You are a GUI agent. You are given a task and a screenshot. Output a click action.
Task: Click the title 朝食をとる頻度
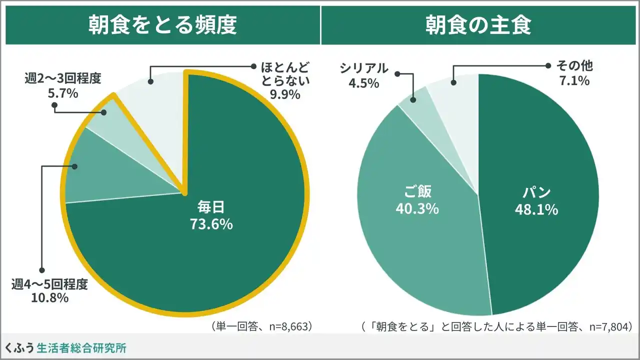pyautogui.click(x=162, y=25)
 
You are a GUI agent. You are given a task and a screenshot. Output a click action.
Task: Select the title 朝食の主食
pyautogui.click(x=478, y=25)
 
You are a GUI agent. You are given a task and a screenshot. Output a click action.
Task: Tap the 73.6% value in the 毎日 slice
pyautogui.click(x=211, y=224)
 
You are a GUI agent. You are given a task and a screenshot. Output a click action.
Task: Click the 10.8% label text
pyautogui.click(x=49, y=298)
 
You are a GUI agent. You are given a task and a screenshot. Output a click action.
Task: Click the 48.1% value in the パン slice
pyautogui.click(x=536, y=209)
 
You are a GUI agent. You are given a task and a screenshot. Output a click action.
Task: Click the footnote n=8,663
pyautogui.click(x=262, y=326)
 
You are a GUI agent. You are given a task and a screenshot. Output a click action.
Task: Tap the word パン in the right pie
pyautogui.click(x=536, y=192)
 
